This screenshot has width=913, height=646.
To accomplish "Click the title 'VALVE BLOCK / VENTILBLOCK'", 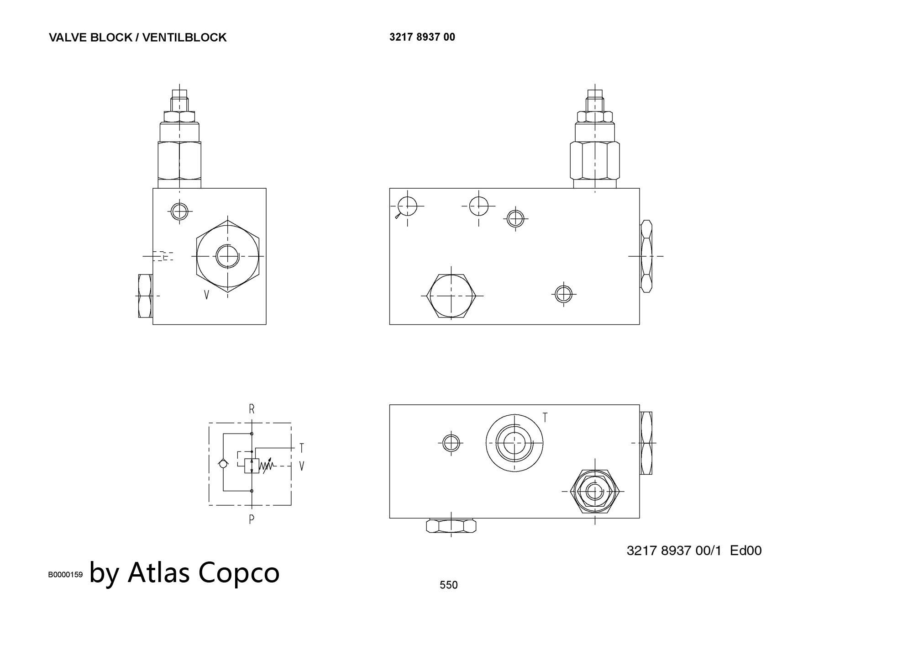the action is tap(137, 37).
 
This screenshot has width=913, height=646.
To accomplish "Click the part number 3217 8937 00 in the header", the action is tap(422, 37).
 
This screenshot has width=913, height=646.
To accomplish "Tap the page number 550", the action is tap(448, 585).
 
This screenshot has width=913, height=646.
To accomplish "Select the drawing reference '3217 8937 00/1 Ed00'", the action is tap(694, 551).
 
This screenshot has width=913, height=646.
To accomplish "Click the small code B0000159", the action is tap(65, 575).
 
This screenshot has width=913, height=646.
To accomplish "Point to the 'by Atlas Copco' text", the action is tap(184, 573).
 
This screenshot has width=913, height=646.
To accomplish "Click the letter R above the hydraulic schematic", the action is tap(252, 409).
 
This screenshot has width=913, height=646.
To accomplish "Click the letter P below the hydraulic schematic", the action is tap(252, 519).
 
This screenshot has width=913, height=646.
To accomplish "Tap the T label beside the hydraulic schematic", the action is tap(302, 448).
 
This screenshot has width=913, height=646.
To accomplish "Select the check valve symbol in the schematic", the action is tap(223, 464).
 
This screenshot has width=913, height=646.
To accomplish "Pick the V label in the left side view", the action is tap(206, 295).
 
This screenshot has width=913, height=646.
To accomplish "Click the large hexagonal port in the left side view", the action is tap(228, 256).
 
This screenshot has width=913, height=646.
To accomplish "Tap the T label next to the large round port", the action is tap(545, 418).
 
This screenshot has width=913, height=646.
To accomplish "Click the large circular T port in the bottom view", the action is tap(514, 442).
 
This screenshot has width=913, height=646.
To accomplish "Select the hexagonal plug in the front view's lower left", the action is tap(451, 296).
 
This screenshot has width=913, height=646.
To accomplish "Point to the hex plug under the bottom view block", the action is tap(451, 526).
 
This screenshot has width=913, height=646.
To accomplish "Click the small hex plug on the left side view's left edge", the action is tap(146, 296).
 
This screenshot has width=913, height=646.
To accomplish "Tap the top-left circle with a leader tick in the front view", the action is tap(407, 206).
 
